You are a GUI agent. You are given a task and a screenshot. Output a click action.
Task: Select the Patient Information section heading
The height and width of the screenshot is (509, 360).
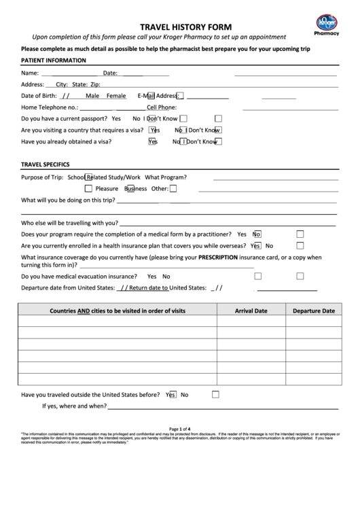tap(54, 60)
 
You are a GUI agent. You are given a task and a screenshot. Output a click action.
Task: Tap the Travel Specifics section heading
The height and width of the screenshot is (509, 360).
tap(46, 164)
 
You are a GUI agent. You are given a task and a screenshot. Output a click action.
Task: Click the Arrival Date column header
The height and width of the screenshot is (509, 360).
tap(251, 311)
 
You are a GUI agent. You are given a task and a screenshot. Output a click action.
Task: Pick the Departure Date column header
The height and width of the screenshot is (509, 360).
tap(313, 311)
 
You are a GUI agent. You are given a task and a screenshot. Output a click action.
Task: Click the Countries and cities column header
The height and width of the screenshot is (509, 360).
tap(118, 311)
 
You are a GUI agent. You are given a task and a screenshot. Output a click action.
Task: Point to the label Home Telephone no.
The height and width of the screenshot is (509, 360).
tap(50, 107)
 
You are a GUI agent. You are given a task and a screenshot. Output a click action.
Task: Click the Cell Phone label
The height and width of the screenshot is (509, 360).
tap(162, 107)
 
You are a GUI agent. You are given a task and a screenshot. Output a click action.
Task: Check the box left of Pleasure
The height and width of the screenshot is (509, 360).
tap(88, 188)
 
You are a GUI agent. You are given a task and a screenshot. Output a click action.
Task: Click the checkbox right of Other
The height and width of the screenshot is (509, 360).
tap(173, 188)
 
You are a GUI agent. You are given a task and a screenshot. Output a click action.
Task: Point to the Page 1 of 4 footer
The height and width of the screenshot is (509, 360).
tap(180, 429)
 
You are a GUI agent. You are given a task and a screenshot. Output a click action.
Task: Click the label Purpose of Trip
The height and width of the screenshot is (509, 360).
tap(42, 177)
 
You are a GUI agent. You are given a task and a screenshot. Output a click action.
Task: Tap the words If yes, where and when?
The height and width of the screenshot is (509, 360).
tap(75, 406)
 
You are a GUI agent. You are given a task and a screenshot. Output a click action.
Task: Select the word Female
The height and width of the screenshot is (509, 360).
tap(116, 96)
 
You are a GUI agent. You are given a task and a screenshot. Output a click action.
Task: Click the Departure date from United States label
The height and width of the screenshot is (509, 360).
tap(68, 287)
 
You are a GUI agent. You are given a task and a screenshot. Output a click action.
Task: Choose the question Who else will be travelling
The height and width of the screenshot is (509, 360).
tap(70, 222)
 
